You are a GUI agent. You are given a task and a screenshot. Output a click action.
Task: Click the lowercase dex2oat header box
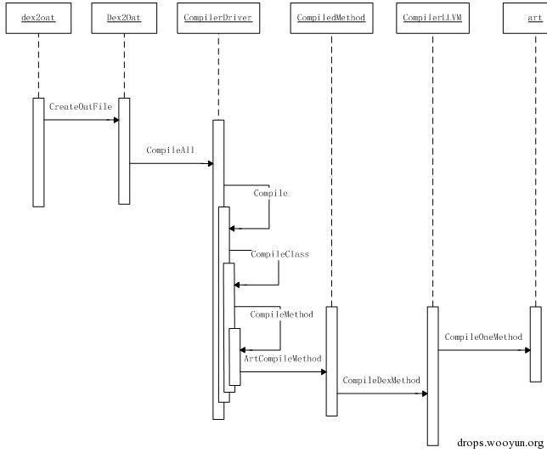tap(38, 18)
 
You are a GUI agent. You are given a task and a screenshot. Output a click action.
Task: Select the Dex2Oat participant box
tap(124, 18)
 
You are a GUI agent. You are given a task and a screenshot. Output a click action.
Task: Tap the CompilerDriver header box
tap(218, 18)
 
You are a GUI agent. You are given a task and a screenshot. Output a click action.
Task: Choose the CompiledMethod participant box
tap(331, 18)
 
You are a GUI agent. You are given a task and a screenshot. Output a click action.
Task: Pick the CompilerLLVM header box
tap(432, 18)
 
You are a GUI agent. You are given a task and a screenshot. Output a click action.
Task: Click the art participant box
tap(525, 18)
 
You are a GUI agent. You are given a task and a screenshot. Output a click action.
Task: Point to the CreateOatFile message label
tap(81, 106)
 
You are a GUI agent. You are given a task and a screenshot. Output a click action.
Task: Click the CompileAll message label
tap(170, 150)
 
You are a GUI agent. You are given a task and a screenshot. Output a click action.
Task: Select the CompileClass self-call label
tap(279, 254)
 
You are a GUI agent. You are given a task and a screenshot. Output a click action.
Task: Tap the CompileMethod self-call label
tap(281, 314)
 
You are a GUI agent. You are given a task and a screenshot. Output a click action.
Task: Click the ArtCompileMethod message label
tap(283, 359)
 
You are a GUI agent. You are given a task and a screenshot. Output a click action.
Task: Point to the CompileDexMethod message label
tap(381, 380)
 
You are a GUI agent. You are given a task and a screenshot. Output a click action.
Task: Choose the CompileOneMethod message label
tap(483, 337)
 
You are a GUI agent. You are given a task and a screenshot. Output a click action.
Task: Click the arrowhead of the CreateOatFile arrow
tap(116, 120)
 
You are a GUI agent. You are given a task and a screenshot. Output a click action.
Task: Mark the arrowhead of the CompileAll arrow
tap(211, 163)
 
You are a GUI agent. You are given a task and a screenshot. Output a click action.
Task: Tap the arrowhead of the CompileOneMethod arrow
tap(527, 350)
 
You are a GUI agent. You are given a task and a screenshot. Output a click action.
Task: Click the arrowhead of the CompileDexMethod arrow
tap(425, 394)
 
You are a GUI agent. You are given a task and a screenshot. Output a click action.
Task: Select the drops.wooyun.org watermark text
tap(500, 443)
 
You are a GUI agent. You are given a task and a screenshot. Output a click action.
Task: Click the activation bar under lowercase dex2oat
tap(38, 152)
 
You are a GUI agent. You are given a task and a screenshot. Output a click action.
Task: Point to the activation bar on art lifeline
tap(536, 344)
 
